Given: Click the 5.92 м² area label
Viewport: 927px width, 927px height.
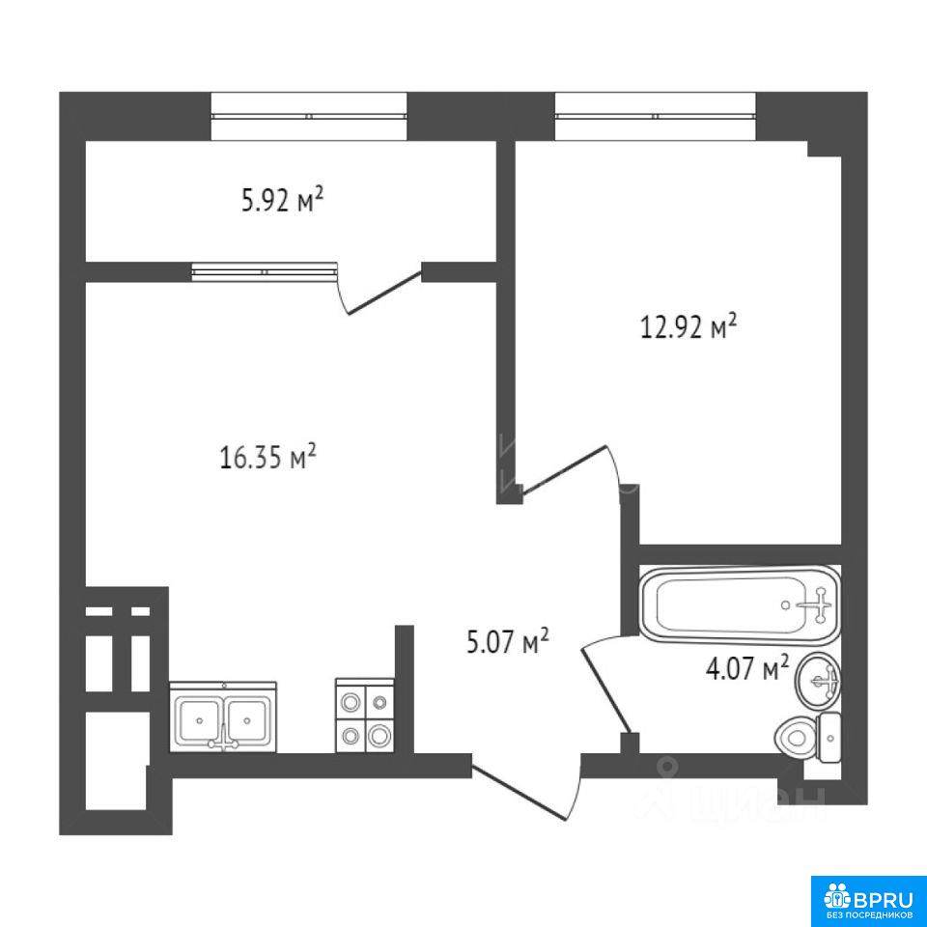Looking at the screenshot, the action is click(283, 200).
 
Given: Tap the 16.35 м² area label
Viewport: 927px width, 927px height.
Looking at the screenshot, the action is click(268, 457).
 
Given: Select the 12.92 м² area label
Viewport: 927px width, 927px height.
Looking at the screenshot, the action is click(689, 326).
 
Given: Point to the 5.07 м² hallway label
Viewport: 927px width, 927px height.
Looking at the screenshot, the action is click(509, 641).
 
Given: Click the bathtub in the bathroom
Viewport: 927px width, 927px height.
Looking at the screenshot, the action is click(740, 604).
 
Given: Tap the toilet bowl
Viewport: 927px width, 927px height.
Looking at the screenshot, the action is click(795, 737).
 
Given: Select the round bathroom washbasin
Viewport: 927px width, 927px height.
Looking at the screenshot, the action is click(818, 681).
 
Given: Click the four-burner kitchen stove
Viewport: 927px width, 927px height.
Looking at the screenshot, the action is click(365, 716).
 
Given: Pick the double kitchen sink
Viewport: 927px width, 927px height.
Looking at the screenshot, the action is click(223, 717).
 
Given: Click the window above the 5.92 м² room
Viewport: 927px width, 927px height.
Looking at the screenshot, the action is click(309, 117).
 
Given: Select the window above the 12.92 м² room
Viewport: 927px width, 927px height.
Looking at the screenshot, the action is click(656, 117).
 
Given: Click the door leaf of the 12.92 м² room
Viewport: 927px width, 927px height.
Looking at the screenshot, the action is click(565, 469).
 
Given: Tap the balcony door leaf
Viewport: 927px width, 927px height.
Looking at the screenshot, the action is click(384, 291).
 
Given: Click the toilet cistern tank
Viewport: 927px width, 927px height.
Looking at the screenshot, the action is click(829, 737).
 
